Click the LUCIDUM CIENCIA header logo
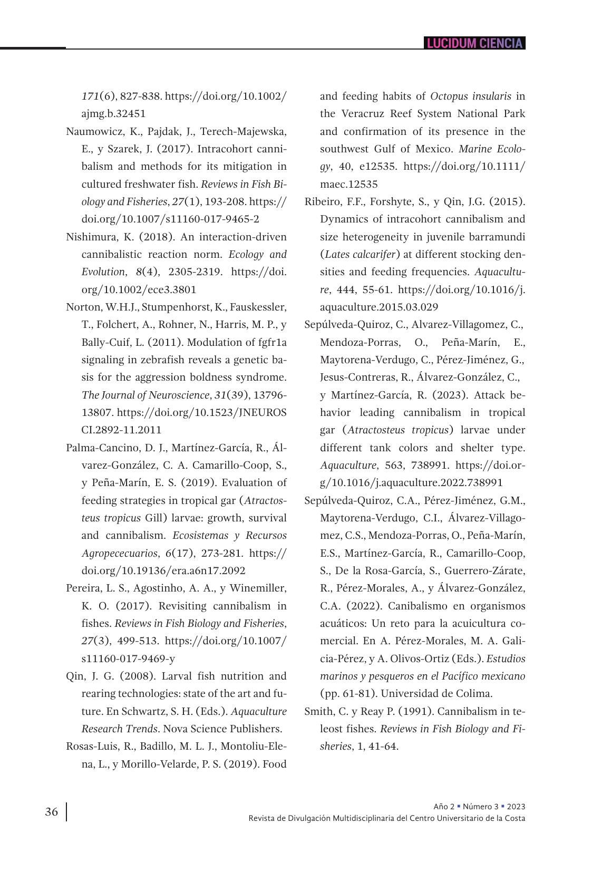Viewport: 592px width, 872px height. pos(474,43)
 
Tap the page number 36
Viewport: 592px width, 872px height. pos(52,812)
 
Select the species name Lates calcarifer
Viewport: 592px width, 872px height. pos(360,254)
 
